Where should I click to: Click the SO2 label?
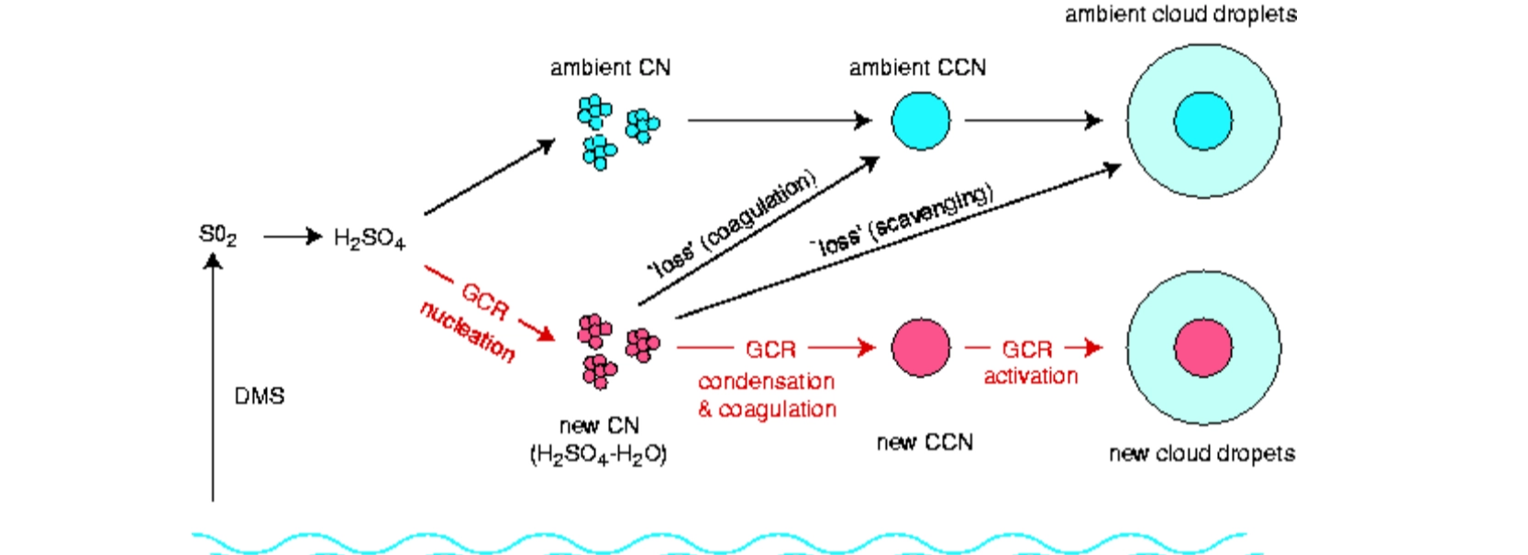click(x=217, y=236)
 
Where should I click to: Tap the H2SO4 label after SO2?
click(x=369, y=239)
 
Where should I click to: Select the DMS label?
click(x=260, y=396)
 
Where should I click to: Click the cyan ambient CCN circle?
click(x=921, y=120)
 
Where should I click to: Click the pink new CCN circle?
click(x=921, y=348)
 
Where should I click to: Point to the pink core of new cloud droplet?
click(x=1203, y=348)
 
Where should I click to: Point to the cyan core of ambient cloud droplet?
click(x=1203, y=120)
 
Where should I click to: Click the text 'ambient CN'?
click(x=610, y=68)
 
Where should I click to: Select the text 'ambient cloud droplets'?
click(x=1180, y=15)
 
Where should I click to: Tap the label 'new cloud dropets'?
click(x=1201, y=453)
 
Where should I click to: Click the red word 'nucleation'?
click(x=467, y=331)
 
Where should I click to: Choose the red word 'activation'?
click(x=1030, y=376)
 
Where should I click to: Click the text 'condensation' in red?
click(x=766, y=381)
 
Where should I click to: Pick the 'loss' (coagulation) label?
click(x=732, y=224)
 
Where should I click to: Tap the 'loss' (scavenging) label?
click(x=901, y=220)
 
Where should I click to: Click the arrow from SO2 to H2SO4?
click(x=292, y=237)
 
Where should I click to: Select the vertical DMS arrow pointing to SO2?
click(x=213, y=385)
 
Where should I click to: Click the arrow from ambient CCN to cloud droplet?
click(x=1032, y=120)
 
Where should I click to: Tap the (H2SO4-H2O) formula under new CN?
click(x=598, y=454)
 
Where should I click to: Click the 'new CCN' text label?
click(x=924, y=442)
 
